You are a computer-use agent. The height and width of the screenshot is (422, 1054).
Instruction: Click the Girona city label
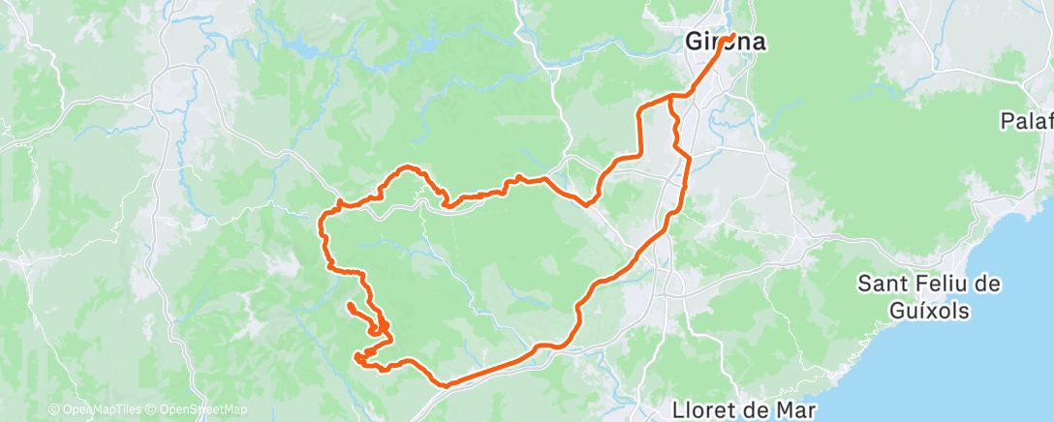tap(727, 44)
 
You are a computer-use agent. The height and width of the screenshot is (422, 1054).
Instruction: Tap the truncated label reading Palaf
tap(1028, 121)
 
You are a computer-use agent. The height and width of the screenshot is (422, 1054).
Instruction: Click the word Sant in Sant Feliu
tap(883, 286)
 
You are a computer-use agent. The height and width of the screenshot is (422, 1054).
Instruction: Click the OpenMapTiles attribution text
tap(105, 409)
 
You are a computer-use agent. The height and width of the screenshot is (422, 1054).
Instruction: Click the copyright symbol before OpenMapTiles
tap(54, 409)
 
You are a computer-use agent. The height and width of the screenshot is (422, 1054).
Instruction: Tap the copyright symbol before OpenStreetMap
tap(152, 409)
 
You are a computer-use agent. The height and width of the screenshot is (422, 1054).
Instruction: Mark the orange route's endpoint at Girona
tap(732, 36)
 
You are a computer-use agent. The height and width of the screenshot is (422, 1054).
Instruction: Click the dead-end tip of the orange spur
tap(349, 306)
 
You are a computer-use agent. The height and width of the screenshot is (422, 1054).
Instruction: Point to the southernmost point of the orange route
tap(447, 385)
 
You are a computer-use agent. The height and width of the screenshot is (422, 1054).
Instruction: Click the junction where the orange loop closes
tap(671, 97)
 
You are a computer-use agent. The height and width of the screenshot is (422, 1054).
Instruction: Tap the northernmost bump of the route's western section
tap(410, 166)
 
